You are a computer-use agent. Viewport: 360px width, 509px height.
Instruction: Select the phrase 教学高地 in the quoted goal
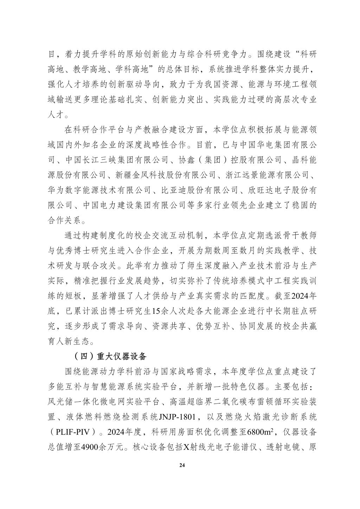click(114, 69)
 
